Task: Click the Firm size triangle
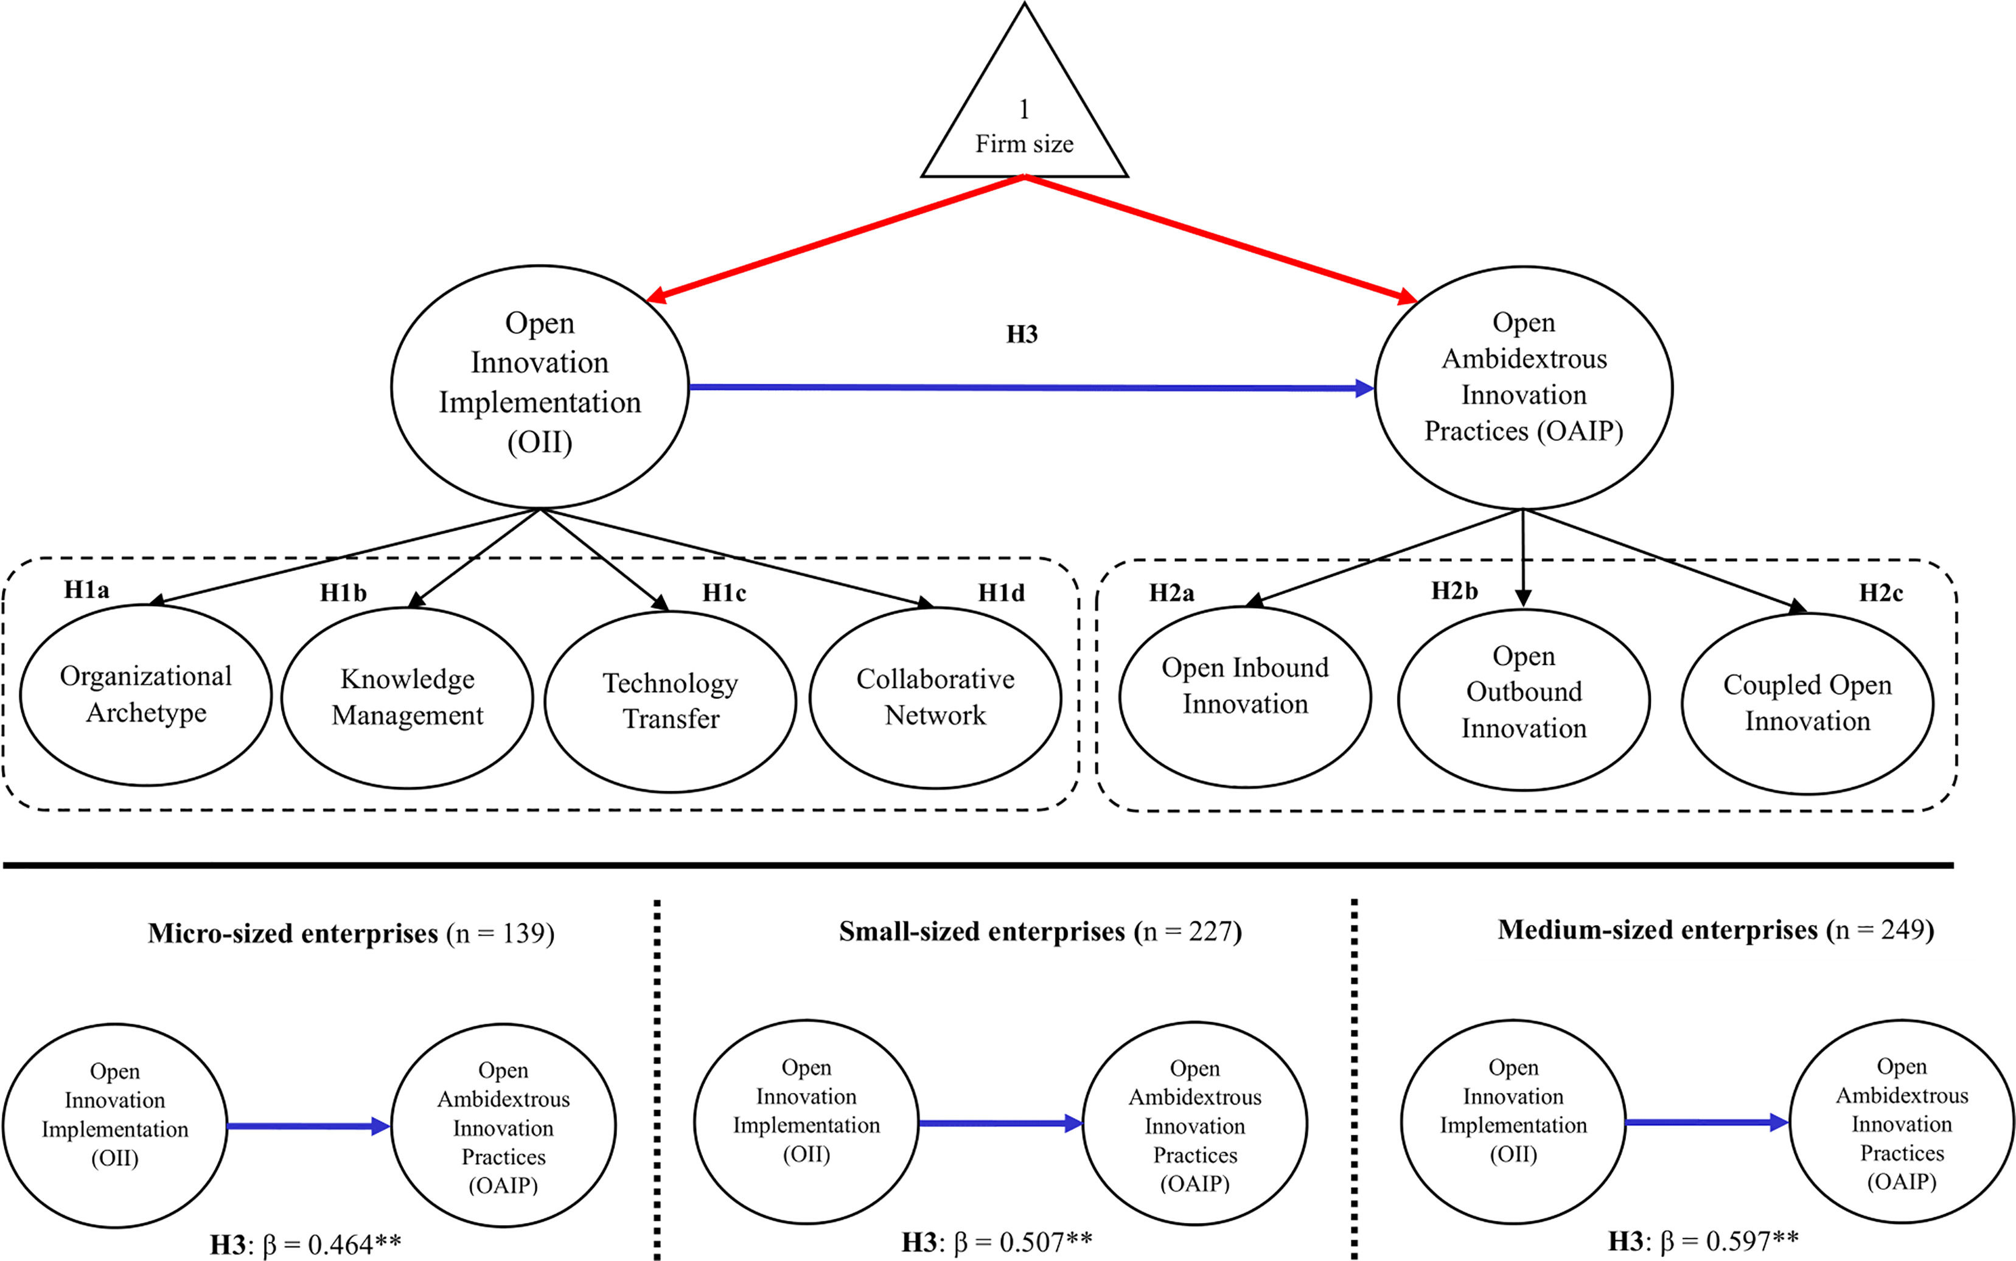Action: coord(1024,117)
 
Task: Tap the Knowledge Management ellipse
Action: coord(407,697)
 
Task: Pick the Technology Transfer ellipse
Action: coord(671,700)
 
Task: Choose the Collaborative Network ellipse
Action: coord(935,697)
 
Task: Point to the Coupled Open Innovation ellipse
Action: coord(1807,703)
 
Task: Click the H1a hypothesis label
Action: coord(86,590)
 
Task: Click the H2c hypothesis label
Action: coord(1881,593)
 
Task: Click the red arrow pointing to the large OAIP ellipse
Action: coord(1221,239)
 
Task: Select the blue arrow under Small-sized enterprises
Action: coord(1000,1123)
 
